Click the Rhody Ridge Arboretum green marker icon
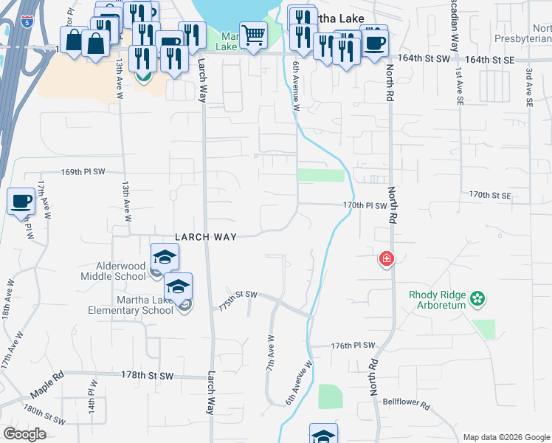pyautogui.click(x=478, y=299)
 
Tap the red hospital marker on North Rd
pyautogui.click(x=385, y=258)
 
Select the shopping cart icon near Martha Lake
pyautogui.click(x=253, y=34)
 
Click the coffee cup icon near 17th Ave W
pyautogui.click(x=21, y=201)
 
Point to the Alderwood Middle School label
pyautogui.click(x=113, y=271)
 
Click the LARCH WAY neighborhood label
pyautogui.click(x=205, y=237)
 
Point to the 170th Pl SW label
pyautogui.click(x=365, y=205)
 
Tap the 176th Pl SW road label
pyautogui.click(x=353, y=346)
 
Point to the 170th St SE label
pyautogui.click(x=490, y=196)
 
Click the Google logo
pyautogui.click(x=25, y=434)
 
